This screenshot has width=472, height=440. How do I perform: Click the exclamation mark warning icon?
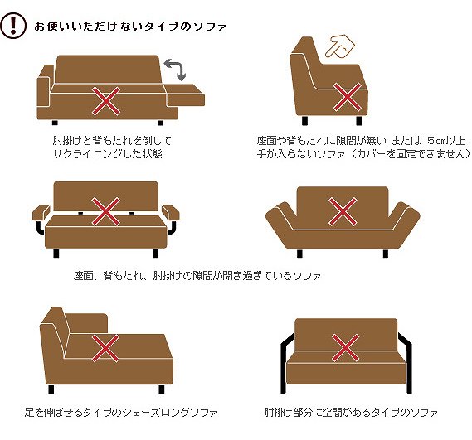point(13,26)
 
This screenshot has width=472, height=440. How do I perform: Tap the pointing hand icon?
point(340,46)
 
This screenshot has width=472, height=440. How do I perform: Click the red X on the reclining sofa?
point(106,101)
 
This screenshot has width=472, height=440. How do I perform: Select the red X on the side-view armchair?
point(348,97)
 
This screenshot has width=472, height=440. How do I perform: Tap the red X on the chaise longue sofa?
point(105,348)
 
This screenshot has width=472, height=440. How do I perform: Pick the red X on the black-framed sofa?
point(345,348)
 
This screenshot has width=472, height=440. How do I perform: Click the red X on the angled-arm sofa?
point(343,211)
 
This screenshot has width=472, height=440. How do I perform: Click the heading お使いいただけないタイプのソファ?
point(129,27)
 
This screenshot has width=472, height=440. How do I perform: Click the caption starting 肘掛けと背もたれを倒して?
point(112,147)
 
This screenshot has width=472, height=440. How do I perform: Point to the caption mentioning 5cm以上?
point(363,147)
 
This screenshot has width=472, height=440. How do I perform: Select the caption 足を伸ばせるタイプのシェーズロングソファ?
point(121,412)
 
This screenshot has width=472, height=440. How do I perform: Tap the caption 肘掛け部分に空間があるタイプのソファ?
point(351,412)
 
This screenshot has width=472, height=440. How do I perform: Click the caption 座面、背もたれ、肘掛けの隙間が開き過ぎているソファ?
point(197,275)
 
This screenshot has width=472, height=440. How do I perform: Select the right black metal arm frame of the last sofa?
point(405,362)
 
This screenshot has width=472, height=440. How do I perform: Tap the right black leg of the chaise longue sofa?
point(162,389)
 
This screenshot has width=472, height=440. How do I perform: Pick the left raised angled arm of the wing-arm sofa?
point(280,215)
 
